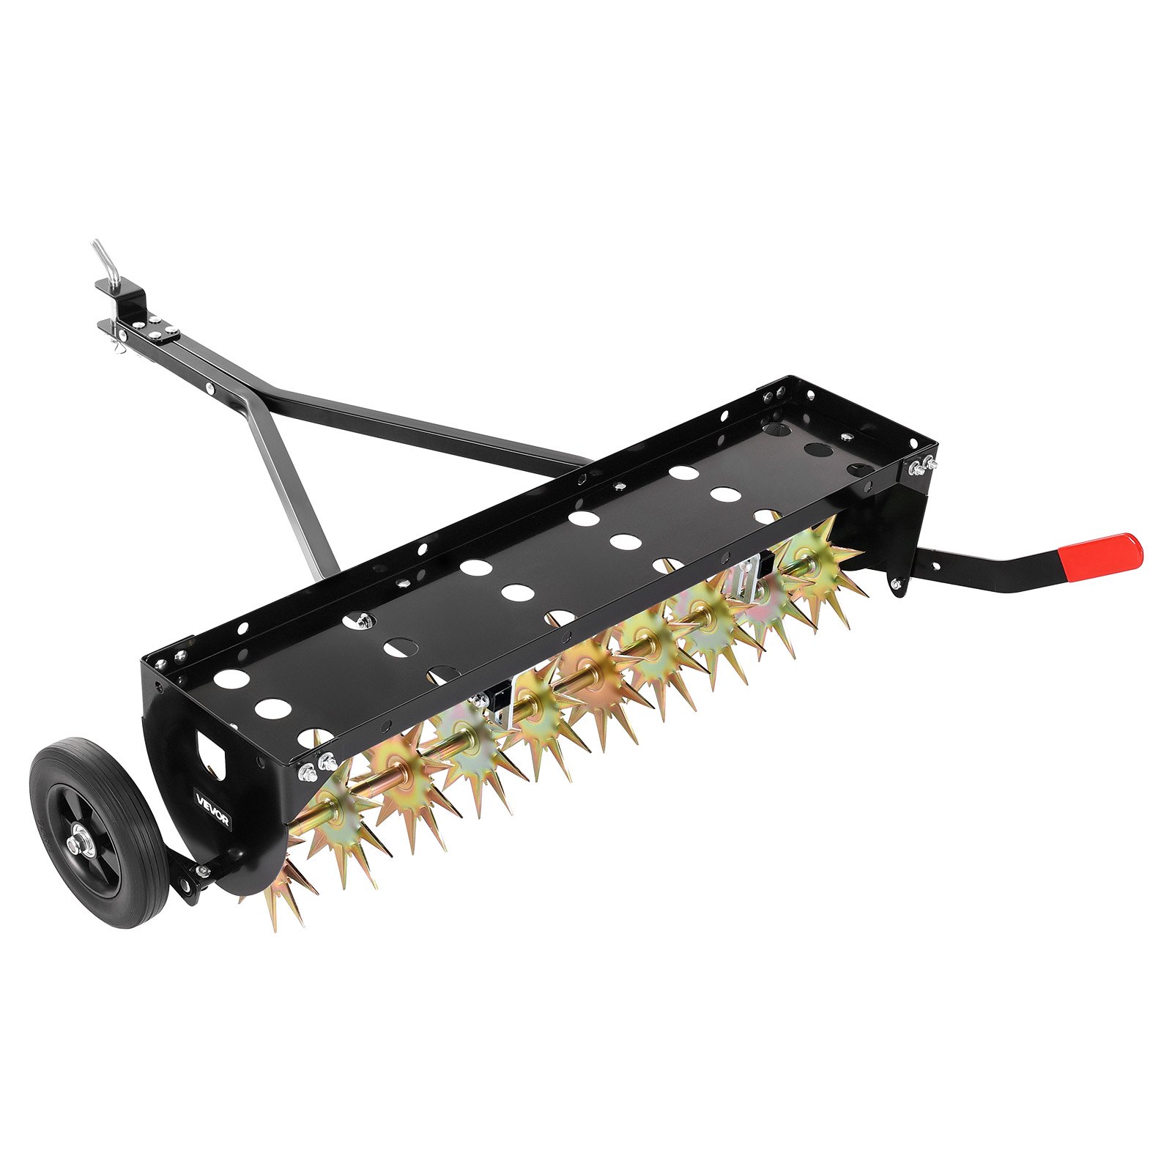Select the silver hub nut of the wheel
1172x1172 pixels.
75,845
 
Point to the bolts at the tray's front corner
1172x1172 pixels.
315,765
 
